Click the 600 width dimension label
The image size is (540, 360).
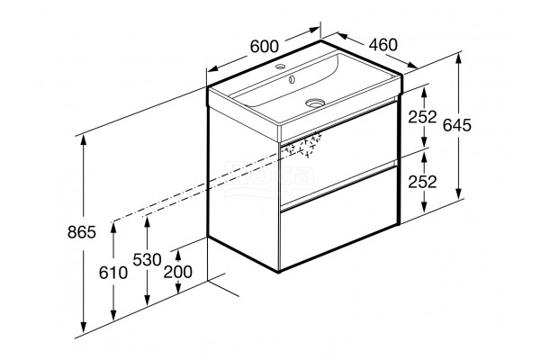(264, 47)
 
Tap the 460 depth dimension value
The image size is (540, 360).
(383, 45)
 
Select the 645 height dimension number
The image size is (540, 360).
(456, 125)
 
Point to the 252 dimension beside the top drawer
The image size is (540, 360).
(422, 117)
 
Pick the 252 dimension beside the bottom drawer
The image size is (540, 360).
(422, 182)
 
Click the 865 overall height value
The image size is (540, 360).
(82, 232)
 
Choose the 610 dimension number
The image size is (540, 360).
(113, 273)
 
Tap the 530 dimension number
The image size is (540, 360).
(147, 259)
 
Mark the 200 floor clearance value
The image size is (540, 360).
(177, 272)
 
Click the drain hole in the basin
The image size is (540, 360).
(315, 103)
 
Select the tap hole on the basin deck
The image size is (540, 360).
(280, 66)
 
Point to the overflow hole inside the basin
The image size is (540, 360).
(292, 79)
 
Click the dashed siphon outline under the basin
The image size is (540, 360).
(302, 146)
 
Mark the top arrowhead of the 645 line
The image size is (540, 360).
(458, 59)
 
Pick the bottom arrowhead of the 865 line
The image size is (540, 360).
(83, 327)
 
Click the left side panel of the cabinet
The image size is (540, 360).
(244, 188)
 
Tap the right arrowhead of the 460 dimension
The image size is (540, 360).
(412, 65)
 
